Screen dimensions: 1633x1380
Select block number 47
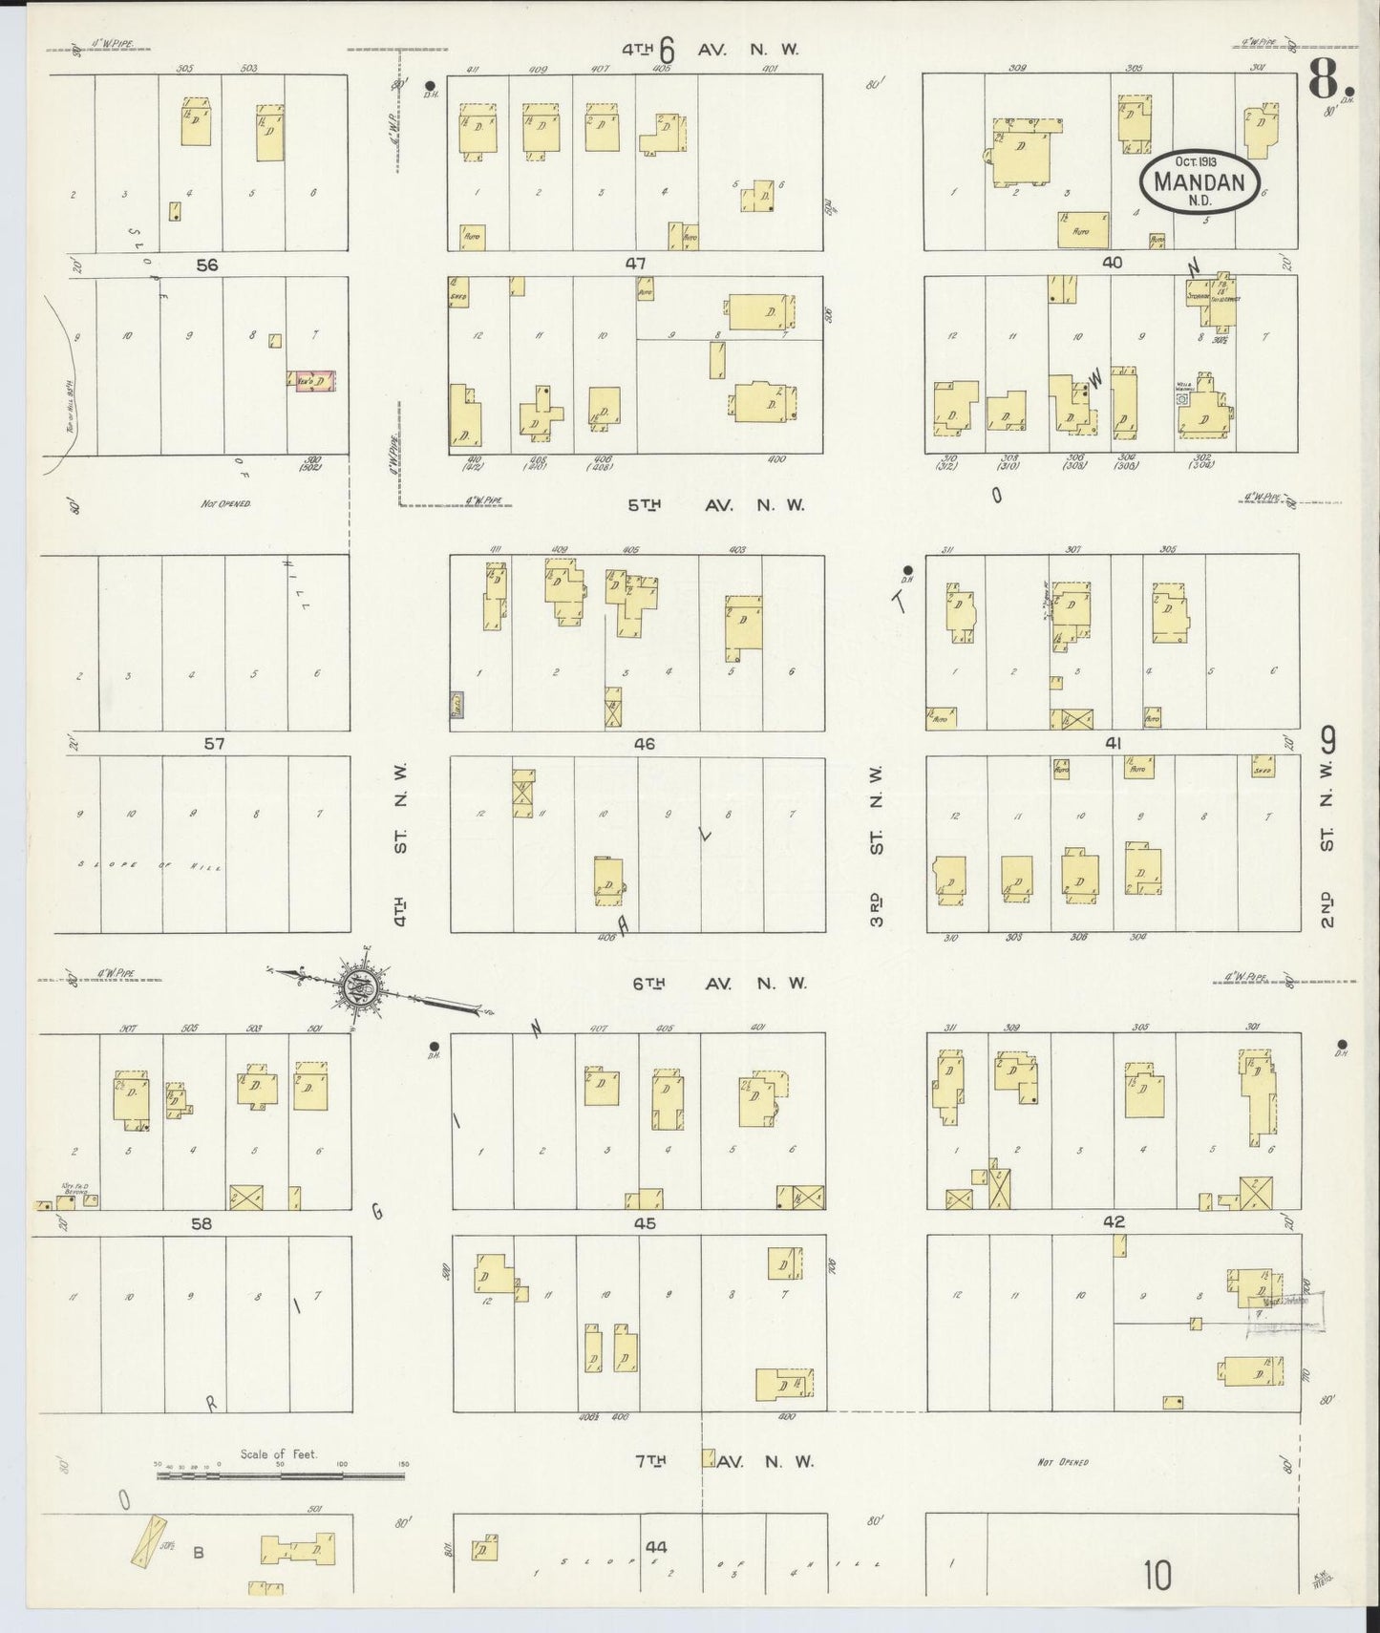(635, 264)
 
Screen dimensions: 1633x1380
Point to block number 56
(207, 265)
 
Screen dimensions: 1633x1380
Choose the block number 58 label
(200, 1222)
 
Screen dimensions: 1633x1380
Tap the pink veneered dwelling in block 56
(312, 379)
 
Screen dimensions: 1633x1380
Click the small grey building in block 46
(457, 706)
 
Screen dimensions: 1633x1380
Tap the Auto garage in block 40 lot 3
(1082, 230)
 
